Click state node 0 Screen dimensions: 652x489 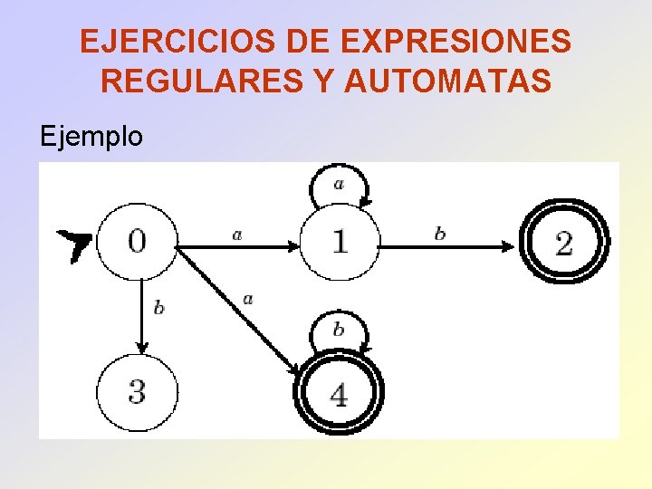coord(136,240)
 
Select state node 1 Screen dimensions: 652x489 coord(339,241)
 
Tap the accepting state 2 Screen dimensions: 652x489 coord(564,242)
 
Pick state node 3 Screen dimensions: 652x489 coord(137,393)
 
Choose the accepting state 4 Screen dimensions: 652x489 coord(339,394)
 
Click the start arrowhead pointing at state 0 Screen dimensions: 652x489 coord(74,244)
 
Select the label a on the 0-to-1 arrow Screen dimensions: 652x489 coord(237,235)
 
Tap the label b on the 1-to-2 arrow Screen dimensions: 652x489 coord(440,234)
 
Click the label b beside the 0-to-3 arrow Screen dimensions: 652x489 coord(158,308)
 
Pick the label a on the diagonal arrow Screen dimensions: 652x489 coord(248,298)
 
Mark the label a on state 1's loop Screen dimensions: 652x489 coord(339,184)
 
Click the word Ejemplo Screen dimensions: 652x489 coord(91,137)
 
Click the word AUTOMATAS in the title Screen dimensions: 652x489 coord(447,81)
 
